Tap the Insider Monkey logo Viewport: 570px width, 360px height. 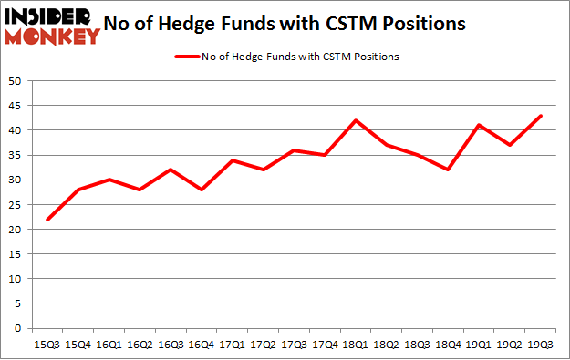coord(52,25)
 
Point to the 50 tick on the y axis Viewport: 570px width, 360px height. coord(16,81)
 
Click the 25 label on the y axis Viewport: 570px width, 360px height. coord(16,205)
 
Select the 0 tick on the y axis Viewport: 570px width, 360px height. coord(18,328)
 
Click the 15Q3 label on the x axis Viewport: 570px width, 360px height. coord(47,345)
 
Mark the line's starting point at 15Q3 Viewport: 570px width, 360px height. coord(47,220)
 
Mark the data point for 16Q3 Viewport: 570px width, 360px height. coord(171,170)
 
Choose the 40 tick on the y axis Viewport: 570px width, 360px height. coord(16,130)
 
